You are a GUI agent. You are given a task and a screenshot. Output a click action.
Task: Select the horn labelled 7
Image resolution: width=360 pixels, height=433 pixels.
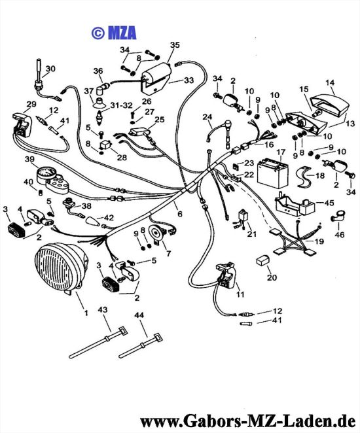point(156,234)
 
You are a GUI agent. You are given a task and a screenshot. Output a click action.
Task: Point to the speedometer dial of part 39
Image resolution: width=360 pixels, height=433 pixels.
point(47,174)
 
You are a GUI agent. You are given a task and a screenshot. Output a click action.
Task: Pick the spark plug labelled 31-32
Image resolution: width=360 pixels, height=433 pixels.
point(99,117)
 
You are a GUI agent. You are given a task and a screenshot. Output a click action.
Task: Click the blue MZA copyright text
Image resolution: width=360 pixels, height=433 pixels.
point(114,33)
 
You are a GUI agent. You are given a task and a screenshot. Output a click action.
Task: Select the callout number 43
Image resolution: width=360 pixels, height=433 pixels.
point(103,310)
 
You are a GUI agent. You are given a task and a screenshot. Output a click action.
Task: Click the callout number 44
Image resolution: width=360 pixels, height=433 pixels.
point(139,315)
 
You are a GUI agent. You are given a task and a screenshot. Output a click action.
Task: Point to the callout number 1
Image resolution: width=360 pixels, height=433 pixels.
point(86,313)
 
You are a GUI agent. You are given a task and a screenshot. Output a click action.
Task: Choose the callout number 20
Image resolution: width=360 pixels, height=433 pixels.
point(272,277)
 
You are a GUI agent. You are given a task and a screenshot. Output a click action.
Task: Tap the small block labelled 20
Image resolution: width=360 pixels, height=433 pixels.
point(263,260)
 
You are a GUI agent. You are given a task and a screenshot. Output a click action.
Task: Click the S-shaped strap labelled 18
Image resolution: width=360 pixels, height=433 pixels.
point(304,177)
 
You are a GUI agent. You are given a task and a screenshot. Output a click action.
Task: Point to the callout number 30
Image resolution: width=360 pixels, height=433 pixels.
point(50,69)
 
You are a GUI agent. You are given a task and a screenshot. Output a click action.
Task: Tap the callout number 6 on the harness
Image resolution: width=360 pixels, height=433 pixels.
point(180,214)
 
